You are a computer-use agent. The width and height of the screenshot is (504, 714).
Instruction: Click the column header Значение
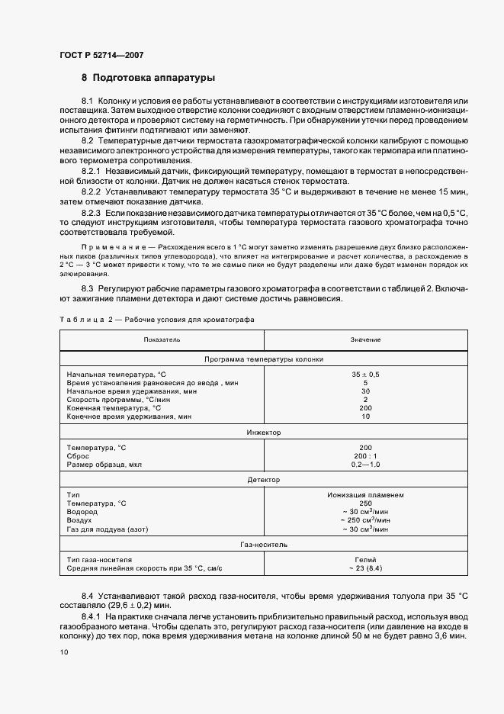pos(365,339)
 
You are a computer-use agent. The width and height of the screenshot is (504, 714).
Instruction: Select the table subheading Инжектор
pos(264,433)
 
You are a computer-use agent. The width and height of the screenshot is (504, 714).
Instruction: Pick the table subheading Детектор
pos(264,480)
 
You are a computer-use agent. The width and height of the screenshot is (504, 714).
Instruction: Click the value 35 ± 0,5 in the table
pos(365,375)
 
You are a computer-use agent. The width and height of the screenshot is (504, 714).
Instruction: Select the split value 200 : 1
pos(365,455)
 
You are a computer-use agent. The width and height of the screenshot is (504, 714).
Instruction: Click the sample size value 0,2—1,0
pos(365,464)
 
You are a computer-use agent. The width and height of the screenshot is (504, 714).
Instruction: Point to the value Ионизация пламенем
pos(365,495)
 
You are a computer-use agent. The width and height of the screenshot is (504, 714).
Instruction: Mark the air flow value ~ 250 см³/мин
pos(365,520)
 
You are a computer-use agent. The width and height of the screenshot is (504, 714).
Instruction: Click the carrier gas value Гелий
pos(365,560)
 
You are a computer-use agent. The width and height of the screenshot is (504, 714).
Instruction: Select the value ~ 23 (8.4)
pos(365,568)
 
